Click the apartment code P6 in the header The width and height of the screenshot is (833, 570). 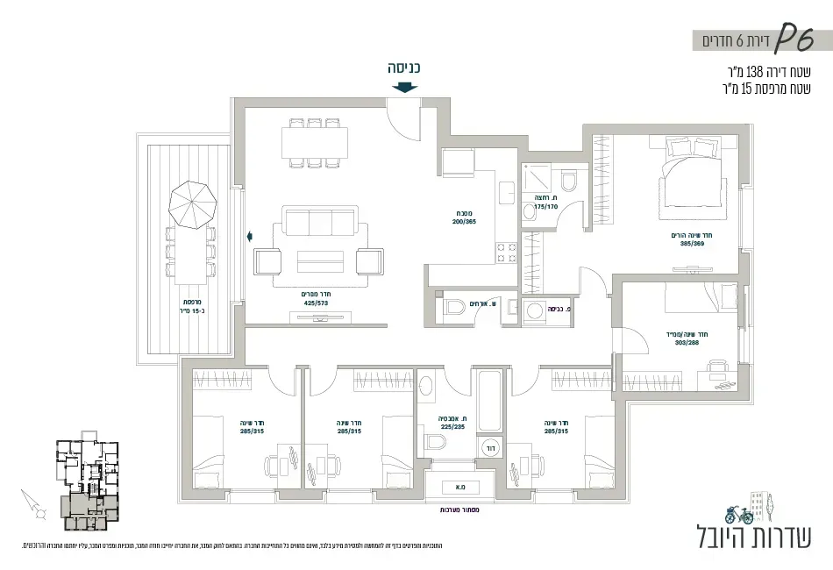pyautogui.click(x=793, y=38)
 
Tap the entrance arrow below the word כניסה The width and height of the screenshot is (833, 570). pyautogui.click(x=404, y=87)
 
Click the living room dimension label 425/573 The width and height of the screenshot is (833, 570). pyautogui.click(x=315, y=303)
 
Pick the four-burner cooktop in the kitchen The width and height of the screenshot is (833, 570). pyautogui.click(x=507, y=253)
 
